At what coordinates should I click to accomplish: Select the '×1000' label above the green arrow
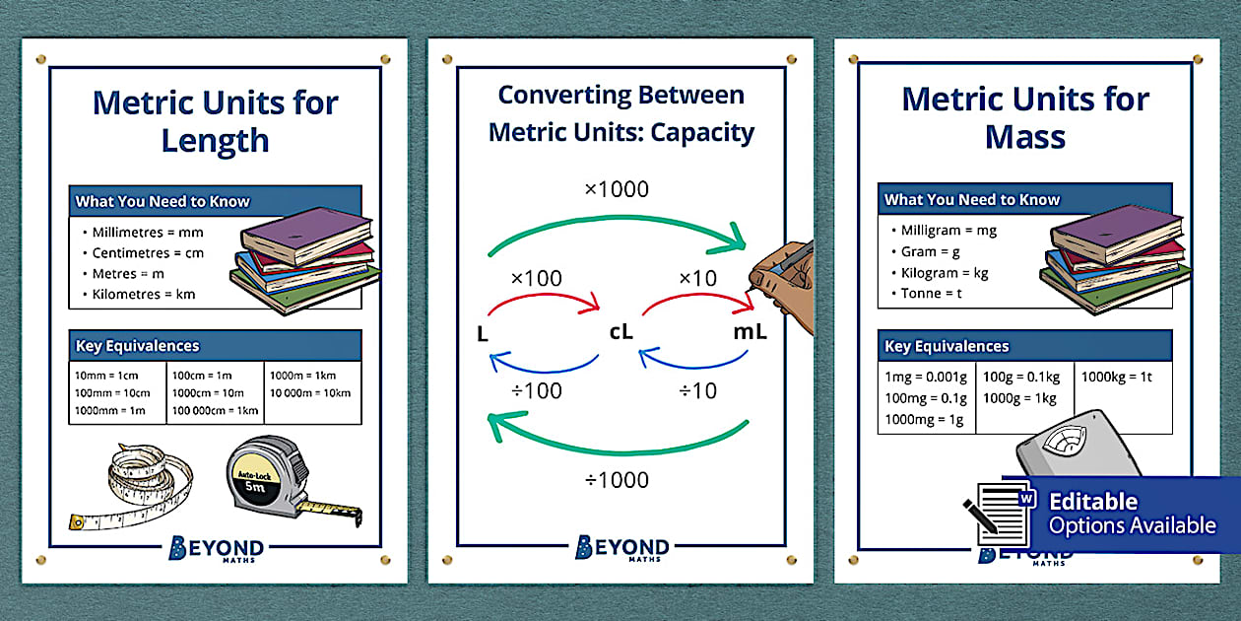(x=617, y=189)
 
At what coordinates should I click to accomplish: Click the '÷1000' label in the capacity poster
(x=617, y=480)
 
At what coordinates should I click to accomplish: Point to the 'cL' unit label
(x=620, y=332)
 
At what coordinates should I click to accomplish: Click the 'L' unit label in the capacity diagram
(x=483, y=335)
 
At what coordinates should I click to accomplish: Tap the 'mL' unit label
(x=750, y=332)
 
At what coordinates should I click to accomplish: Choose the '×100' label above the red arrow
(x=536, y=279)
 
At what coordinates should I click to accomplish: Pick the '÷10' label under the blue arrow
(x=697, y=390)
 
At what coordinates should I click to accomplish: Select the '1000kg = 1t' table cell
(x=1118, y=378)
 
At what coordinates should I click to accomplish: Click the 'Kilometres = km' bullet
(x=144, y=294)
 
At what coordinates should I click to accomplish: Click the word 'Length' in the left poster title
(x=215, y=141)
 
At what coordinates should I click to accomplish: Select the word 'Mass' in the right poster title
(x=1025, y=137)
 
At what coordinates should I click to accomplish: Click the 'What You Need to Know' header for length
(x=163, y=201)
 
